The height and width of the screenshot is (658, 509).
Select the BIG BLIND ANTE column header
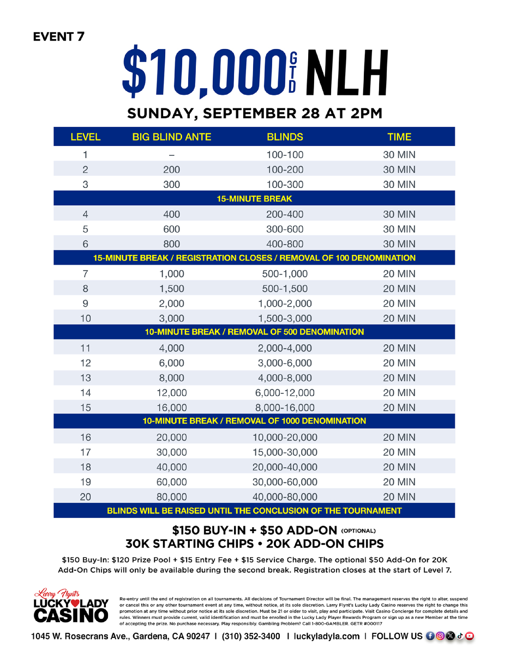(x=171, y=137)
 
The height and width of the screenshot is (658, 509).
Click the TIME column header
(x=399, y=137)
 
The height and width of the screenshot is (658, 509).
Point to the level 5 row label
(x=85, y=229)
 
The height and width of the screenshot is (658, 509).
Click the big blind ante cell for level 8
(x=171, y=289)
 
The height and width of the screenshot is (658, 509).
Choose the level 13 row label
(x=85, y=378)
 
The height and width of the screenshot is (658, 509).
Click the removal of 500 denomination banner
(x=254, y=332)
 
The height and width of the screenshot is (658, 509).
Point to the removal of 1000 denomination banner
(x=254, y=421)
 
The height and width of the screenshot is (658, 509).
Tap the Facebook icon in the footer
(x=430, y=636)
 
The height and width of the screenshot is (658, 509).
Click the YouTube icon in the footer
(x=469, y=636)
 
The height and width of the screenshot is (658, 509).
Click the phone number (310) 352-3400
(x=251, y=636)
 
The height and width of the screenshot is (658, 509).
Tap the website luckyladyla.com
(x=326, y=636)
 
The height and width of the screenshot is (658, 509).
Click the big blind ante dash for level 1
(x=171, y=155)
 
